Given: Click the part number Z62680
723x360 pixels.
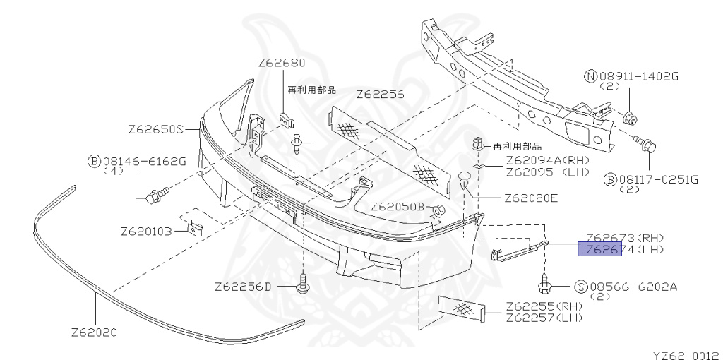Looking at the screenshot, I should [x=281, y=63].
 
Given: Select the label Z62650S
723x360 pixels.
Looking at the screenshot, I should [x=155, y=130].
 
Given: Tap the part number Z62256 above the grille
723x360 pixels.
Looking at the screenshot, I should [x=380, y=94].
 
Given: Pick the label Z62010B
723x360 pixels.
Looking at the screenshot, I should [x=146, y=231].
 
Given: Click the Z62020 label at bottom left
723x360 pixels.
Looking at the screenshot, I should [x=94, y=331].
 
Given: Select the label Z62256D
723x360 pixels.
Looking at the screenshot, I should [x=243, y=287].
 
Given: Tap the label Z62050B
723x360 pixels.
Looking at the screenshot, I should [x=396, y=207].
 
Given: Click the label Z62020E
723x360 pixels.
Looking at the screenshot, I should [x=531, y=198].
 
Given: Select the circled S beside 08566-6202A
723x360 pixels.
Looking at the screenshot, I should [x=581, y=287].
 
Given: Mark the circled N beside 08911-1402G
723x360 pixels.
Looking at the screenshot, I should [x=590, y=76].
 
